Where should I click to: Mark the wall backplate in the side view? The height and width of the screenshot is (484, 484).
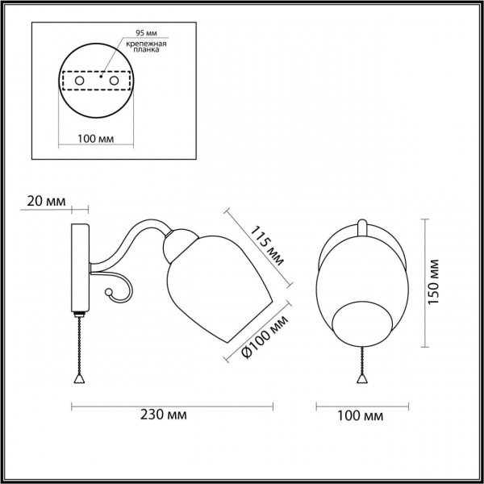tap(79, 266)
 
